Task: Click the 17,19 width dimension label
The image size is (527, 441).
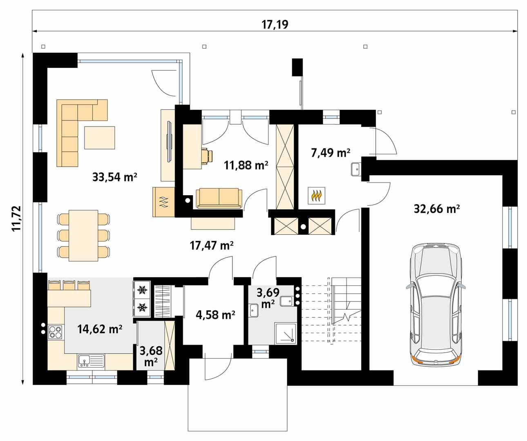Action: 275,24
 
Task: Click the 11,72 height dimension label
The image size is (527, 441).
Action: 16,219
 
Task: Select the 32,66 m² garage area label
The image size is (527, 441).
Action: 437,209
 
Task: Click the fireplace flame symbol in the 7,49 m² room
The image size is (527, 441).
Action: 317,196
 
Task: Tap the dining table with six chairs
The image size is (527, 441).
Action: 83,235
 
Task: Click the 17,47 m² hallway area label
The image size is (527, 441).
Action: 212,245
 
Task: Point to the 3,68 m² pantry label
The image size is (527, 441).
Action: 151,356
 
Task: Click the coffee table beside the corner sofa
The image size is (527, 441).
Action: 100,138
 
